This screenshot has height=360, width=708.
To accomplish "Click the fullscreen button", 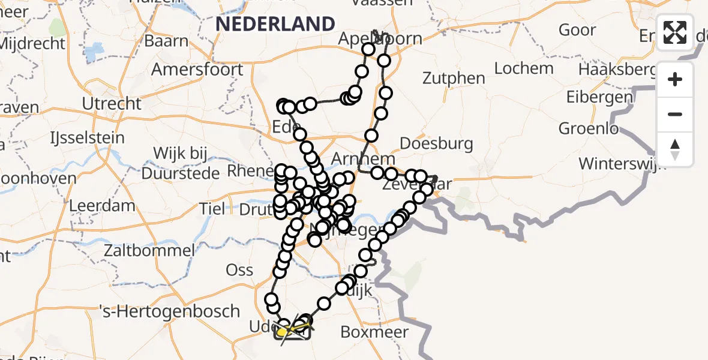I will (x=675, y=32).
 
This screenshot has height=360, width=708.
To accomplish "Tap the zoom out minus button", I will (x=675, y=114).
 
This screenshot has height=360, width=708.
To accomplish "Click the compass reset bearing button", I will (x=675, y=149).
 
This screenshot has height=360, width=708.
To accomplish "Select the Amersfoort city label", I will (x=197, y=70).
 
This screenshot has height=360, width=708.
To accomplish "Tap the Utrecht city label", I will (x=112, y=104).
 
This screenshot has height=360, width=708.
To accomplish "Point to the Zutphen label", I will (x=454, y=78).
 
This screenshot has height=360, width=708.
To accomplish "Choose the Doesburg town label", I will (x=436, y=144).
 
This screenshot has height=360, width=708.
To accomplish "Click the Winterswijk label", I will (x=622, y=163).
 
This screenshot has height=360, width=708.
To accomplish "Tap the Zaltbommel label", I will (x=149, y=250).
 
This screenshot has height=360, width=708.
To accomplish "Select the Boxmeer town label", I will (x=374, y=332).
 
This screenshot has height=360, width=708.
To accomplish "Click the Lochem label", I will (x=524, y=68).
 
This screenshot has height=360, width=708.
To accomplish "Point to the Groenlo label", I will (x=589, y=128).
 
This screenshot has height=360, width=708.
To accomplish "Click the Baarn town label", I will (x=166, y=41).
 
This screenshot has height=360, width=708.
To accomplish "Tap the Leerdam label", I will (x=102, y=205).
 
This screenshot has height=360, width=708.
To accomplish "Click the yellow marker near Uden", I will (x=281, y=331).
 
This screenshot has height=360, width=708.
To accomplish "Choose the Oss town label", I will (x=239, y=270).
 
